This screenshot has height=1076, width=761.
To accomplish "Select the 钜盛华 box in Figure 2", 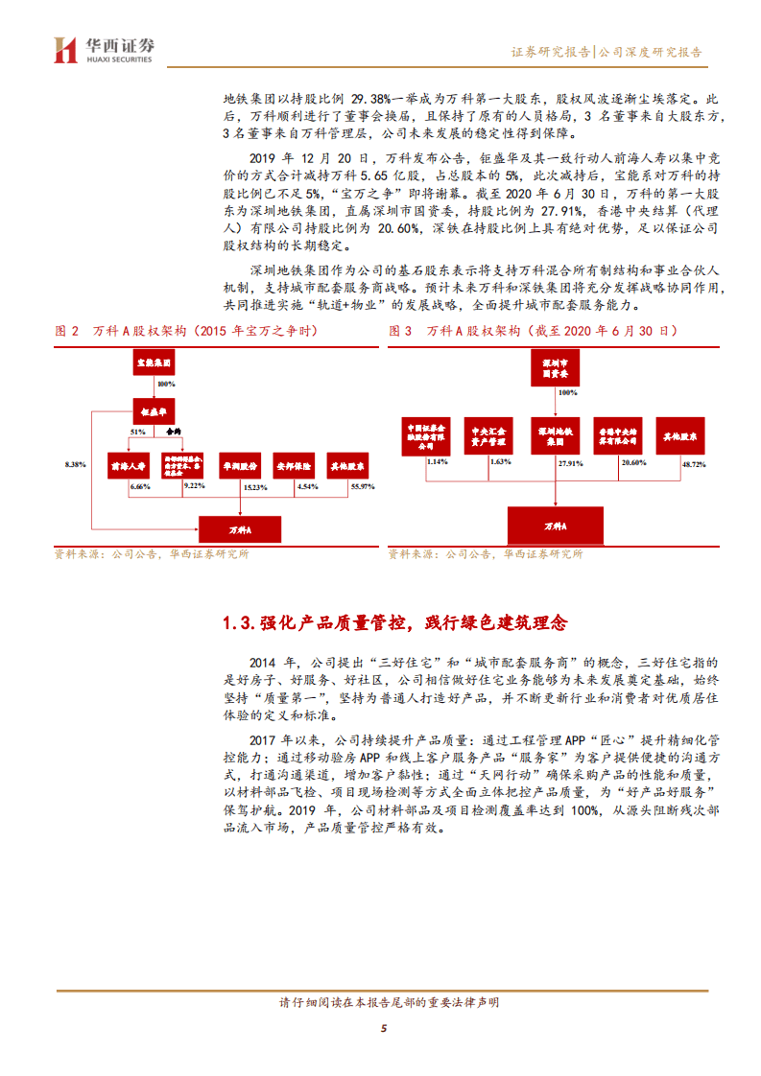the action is tap(155, 410).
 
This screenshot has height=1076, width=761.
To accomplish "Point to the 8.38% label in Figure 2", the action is tap(74, 464).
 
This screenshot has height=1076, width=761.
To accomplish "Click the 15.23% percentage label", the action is tap(254, 488).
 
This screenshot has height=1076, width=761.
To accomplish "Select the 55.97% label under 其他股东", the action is tap(362, 488).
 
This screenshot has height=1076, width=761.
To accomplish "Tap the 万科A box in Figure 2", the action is tap(239, 527).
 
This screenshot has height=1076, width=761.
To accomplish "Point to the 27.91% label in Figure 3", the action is tap(570, 463).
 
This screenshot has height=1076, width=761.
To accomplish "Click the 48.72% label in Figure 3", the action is tap(692, 463).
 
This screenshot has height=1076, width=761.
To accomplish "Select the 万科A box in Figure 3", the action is tap(556, 526).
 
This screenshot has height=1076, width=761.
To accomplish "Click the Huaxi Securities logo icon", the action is tap(65, 49).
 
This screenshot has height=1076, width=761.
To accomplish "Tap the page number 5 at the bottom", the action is tap(383, 1029).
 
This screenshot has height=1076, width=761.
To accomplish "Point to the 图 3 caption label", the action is tap(399, 331).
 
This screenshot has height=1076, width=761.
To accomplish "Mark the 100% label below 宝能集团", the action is tap(166, 384).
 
